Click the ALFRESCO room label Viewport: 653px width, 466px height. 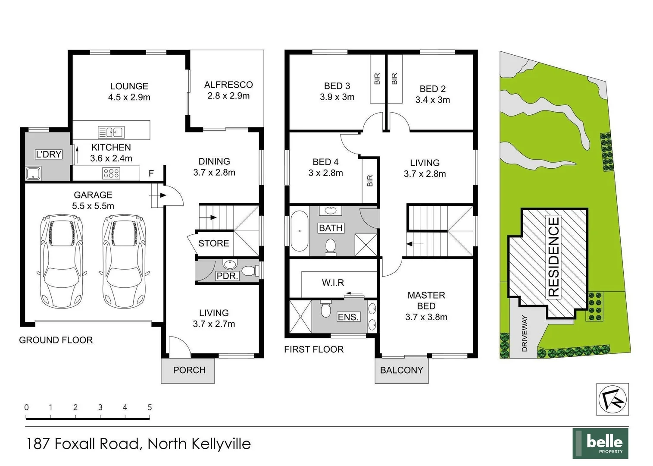pos(228,85)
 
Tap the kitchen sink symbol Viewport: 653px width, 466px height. pos(111,132)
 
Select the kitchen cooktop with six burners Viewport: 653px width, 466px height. pos(111,173)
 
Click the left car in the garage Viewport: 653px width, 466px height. pos(62,261)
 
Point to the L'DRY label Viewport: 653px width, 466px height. pos(48,154)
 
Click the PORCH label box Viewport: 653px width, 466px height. pos(189,370)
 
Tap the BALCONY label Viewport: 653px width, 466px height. pos(401,370)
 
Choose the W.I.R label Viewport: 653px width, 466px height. pos(333,283)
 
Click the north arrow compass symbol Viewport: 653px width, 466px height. pos(612,399)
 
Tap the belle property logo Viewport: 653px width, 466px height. pos(600,443)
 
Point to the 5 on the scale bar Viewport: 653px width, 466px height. pos(150,407)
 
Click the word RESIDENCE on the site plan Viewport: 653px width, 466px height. pos(553,257)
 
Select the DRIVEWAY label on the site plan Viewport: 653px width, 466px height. pos(525,333)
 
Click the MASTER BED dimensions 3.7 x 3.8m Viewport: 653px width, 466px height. pos(426,317)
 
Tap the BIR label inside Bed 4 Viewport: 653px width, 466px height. pos(370,180)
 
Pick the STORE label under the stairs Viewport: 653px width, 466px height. pos(213,243)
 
